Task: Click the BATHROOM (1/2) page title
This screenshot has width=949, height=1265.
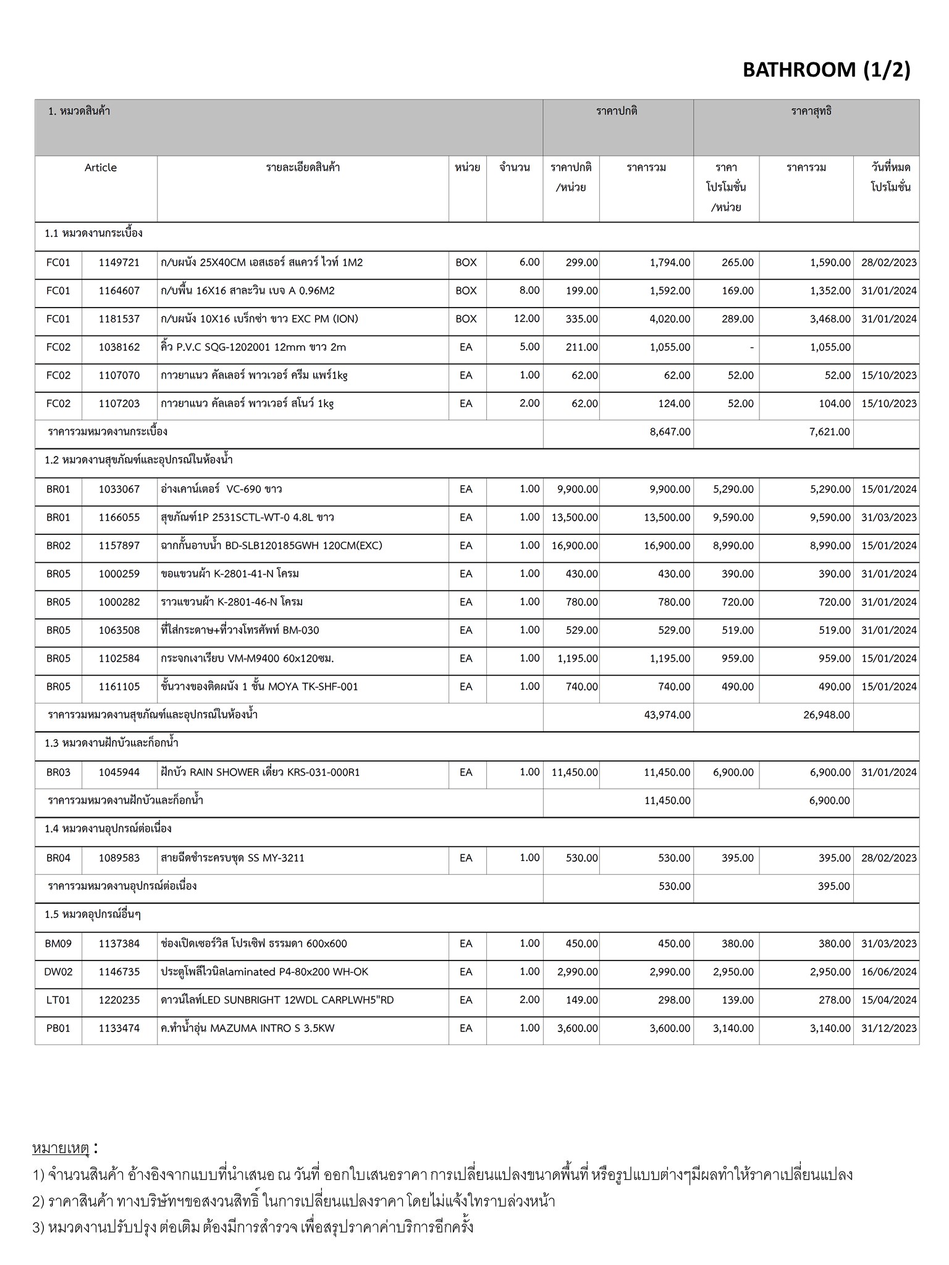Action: tap(826, 70)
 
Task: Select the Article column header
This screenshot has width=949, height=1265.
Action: tap(101, 167)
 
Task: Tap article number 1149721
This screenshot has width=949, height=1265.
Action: tap(119, 263)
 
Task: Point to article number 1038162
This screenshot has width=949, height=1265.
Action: tap(119, 347)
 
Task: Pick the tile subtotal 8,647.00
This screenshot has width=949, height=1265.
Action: tap(670, 432)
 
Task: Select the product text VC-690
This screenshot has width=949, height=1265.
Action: tap(244, 489)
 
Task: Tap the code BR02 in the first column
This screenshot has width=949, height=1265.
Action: tap(58, 545)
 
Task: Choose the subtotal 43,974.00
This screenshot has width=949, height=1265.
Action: tap(667, 715)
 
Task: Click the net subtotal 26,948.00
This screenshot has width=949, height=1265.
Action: tap(826, 715)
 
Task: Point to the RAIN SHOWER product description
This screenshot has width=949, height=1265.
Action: tap(259, 772)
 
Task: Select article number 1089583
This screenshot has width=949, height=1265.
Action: tap(119, 858)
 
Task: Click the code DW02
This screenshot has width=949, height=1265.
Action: tap(58, 972)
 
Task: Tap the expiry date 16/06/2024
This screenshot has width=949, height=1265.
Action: tap(888, 972)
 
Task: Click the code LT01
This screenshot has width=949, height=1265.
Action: tap(58, 1000)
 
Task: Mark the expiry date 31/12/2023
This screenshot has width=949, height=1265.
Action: tap(888, 1028)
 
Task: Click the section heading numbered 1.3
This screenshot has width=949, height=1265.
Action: tap(111, 743)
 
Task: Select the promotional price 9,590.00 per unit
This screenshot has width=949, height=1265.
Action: tap(733, 518)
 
